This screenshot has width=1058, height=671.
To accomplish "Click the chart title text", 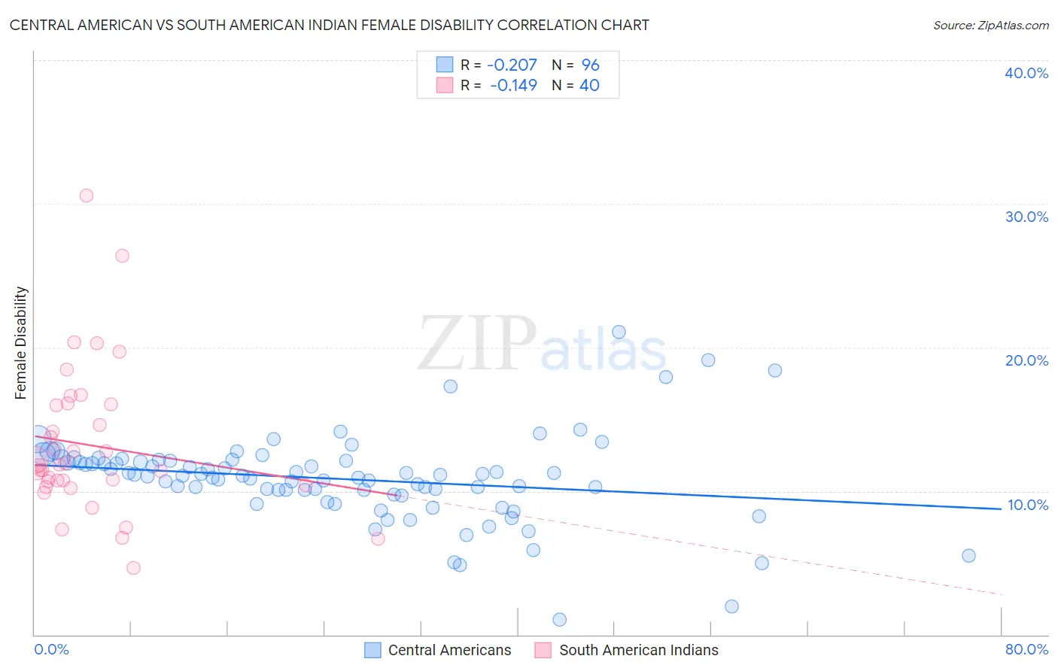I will click(329, 25).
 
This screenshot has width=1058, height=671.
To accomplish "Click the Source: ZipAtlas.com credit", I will click(990, 25).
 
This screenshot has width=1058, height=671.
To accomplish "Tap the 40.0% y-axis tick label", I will click(1026, 73).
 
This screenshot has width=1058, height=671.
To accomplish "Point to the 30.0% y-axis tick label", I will click(1026, 217).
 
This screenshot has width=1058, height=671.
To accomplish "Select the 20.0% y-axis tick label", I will click(1026, 360).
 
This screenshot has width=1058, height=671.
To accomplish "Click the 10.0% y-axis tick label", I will click(1028, 505).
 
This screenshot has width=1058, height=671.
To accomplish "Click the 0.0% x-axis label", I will click(51, 649).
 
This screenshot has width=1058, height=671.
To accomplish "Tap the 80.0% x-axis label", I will click(1026, 649).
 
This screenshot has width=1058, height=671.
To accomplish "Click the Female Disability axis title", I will click(20, 343).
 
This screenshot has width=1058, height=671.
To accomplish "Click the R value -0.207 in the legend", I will click(512, 65).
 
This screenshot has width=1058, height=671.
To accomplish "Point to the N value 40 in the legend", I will click(589, 86).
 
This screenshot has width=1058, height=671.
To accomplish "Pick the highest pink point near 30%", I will click(87, 196).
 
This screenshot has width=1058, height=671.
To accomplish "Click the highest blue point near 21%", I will click(619, 332).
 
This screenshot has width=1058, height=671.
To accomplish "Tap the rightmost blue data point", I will click(968, 556).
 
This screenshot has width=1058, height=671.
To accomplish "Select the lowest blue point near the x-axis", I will click(559, 620).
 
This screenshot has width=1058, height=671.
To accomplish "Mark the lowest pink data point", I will click(133, 568).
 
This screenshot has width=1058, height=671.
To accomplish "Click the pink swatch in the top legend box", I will click(445, 85).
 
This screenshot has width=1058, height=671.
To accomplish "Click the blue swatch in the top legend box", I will click(445, 65).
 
